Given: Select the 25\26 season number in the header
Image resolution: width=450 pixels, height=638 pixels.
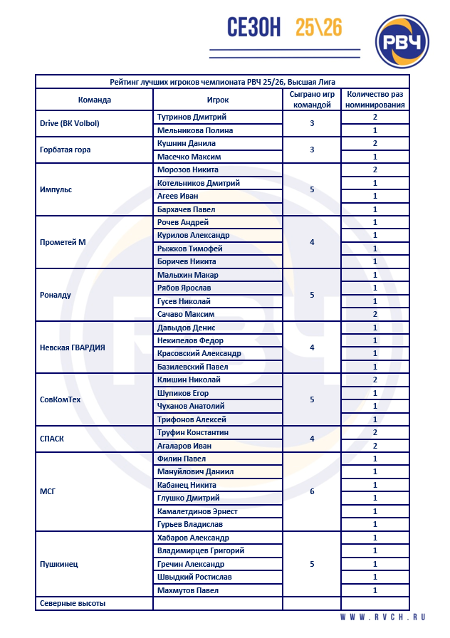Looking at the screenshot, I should pyautogui.click(x=319, y=27).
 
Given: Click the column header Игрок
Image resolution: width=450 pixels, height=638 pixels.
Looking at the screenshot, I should pyautogui.click(x=218, y=100).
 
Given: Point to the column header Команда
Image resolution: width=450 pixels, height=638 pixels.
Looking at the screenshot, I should pyautogui.click(x=94, y=100).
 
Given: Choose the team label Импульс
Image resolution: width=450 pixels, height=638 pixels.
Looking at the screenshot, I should pyautogui.click(x=56, y=190).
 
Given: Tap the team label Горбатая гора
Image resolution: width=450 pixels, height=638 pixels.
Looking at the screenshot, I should pyautogui.click(x=65, y=150).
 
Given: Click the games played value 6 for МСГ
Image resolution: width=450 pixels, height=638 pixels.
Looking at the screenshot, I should pyautogui.click(x=312, y=492).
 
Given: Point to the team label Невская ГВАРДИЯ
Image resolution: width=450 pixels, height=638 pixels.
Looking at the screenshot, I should pyautogui.click(x=73, y=347).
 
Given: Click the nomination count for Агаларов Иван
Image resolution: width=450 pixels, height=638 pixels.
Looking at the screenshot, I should pyautogui.click(x=375, y=446).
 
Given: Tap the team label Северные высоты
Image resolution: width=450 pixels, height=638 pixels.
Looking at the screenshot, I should pyautogui.click(x=73, y=604).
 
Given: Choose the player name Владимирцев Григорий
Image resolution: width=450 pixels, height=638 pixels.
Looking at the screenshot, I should pyautogui.click(x=201, y=550).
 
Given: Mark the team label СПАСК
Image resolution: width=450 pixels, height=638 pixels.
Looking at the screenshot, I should pyautogui.click(x=52, y=439).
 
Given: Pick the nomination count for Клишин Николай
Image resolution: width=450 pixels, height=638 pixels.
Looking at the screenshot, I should pyautogui.click(x=375, y=380).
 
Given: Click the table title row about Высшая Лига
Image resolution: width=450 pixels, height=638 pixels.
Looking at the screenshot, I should pyautogui.click(x=223, y=81).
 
